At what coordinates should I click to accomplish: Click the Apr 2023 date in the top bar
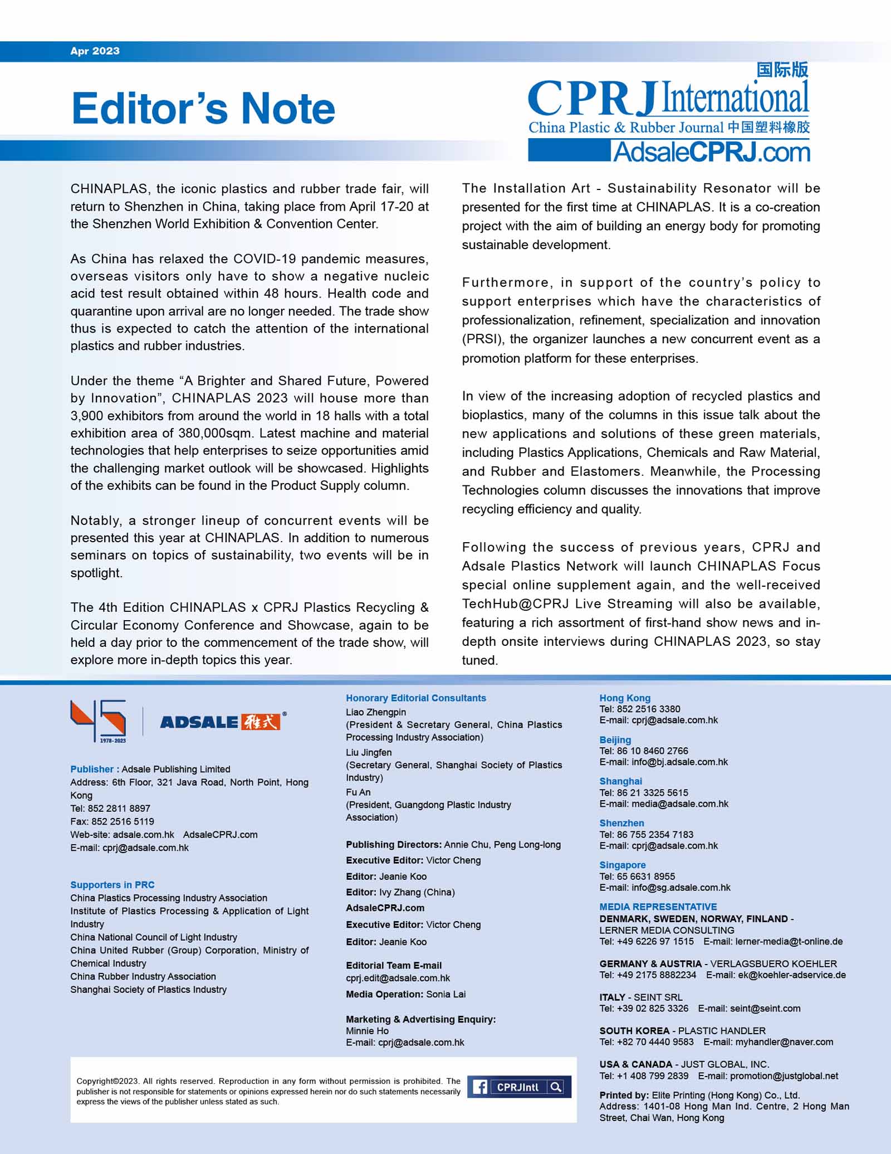[95, 51]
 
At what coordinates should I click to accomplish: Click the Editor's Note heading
[203, 108]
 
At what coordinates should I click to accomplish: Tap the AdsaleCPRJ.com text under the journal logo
[711, 152]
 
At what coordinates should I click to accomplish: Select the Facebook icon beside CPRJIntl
[479, 1087]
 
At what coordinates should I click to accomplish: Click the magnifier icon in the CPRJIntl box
[555, 1087]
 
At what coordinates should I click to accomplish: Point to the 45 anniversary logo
[99, 721]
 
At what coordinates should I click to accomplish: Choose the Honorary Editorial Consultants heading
[415, 698]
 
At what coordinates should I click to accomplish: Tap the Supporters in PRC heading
[112, 885]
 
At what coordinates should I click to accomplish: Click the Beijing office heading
[615, 740]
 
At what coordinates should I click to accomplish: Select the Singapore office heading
[622, 865]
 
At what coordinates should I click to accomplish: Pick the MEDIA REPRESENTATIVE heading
[658, 907]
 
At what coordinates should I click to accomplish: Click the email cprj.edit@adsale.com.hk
[398, 978]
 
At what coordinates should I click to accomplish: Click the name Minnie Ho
[367, 1031]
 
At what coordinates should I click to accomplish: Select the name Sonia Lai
[445, 994]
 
